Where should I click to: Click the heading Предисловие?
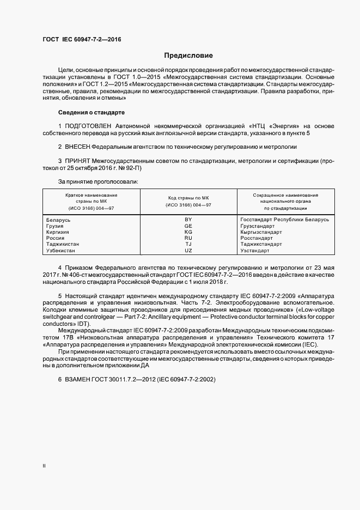pos(188,56)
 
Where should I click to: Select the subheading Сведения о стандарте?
pos(91,112)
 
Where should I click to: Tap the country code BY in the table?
pos(188,219)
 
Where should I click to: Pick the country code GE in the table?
pos(188,226)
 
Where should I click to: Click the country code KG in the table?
pos(188,232)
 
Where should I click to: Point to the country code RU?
pos(188,238)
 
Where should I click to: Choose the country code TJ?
pos(188,244)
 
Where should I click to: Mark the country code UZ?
pos(188,251)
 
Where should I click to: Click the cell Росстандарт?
pos(257,238)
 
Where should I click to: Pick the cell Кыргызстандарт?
pos(261,232)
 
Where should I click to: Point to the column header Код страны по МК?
pos(188,198)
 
